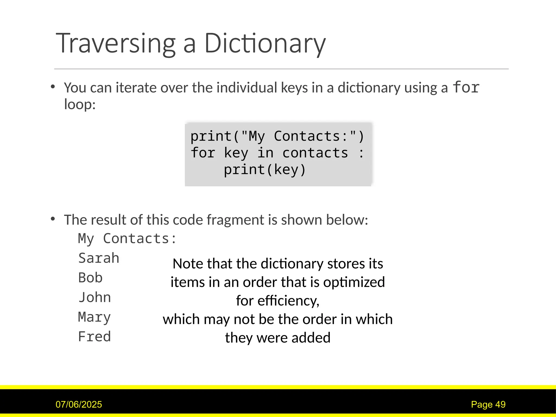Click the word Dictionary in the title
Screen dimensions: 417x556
[x=265, y=43]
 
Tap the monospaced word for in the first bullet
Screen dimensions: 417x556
[x=466, y=87]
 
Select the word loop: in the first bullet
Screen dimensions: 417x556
[x=80, y=104]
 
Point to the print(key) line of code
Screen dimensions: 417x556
[x=265, y=170]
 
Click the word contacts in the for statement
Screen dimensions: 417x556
[x=315, y=153]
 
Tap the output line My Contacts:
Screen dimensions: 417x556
[x=127, y=239]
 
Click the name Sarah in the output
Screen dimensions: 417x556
[x=99, y=258]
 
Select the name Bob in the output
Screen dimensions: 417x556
[x=90, y=278]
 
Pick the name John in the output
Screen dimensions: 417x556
[x=94, y=297]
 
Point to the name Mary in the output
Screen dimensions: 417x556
[x=94, y=317]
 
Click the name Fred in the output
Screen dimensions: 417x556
[x=94, y=337]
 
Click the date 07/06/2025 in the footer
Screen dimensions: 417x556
[x=79, y=405]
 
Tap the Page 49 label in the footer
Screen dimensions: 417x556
[x=488, y=405]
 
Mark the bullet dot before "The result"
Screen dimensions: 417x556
[x=53, y=219]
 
